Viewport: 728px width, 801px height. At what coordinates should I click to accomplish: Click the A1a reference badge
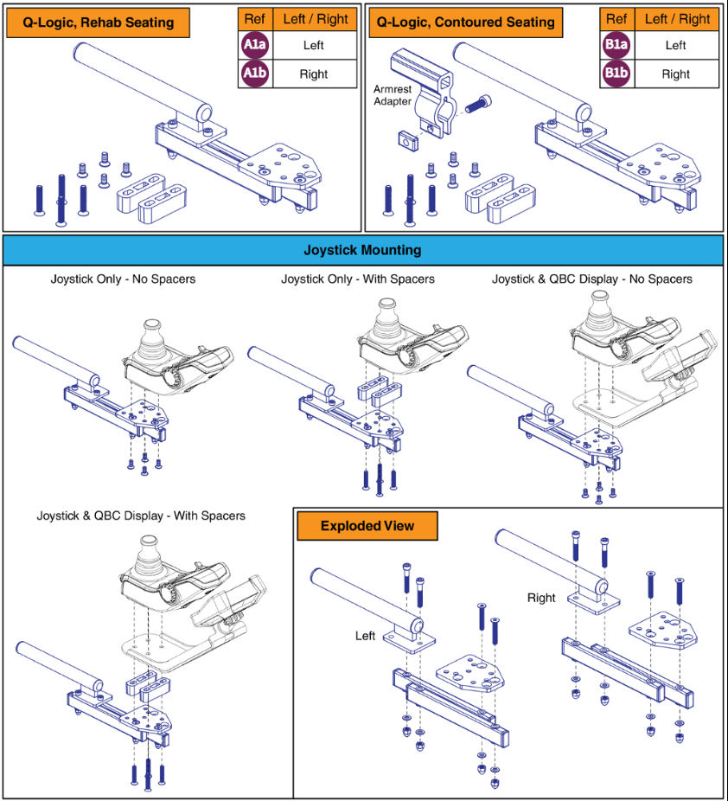click(254, 45)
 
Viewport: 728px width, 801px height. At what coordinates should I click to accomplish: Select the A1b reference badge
click(254, 74)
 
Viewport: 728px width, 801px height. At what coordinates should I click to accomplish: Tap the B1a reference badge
click(616, 45)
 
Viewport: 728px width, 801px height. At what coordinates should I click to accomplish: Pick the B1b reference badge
click(616, 74)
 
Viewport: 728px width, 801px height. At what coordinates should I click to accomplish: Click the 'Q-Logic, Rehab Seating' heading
click(99, 22)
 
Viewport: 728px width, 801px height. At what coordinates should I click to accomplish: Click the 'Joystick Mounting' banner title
click(362, 250)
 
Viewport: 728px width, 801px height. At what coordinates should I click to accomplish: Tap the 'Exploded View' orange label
click(367, 526)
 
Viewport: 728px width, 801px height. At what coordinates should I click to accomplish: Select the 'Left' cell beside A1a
click(314, 45)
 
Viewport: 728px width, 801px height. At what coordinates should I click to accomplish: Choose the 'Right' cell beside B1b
click(675, 74)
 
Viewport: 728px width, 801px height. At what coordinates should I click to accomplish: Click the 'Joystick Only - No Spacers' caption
click(123, 279)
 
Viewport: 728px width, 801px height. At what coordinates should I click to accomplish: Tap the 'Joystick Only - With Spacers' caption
click(358, 279)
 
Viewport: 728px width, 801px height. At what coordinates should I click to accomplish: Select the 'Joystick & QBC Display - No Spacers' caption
click(592, 279)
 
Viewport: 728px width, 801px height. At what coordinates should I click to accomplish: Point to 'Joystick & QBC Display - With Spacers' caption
click(141, 516)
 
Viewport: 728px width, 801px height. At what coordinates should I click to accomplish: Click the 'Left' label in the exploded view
click(366, 636)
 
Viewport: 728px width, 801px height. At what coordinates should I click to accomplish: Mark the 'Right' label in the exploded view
click(541, 598)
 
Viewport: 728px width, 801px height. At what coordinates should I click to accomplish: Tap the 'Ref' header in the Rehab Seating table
click(254, 18)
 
